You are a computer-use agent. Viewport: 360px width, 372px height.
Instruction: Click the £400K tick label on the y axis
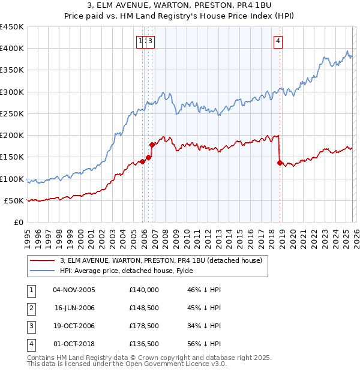point(11,49)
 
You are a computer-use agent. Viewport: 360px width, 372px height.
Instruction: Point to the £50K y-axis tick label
point(13,200)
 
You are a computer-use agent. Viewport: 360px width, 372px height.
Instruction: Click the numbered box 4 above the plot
point(278,41)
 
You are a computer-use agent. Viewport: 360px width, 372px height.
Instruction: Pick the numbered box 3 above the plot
point(150,41)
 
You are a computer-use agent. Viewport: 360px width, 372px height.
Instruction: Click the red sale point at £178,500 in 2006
point(152,145)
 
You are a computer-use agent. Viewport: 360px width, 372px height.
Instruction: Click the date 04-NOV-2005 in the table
point(74,290)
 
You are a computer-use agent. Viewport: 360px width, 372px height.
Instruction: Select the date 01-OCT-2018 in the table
point(74,344)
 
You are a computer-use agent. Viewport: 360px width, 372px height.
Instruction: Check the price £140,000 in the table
point(143,290)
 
